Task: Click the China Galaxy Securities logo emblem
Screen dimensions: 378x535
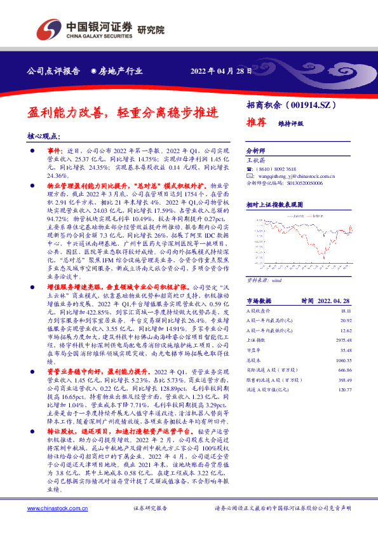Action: point(48,29)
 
